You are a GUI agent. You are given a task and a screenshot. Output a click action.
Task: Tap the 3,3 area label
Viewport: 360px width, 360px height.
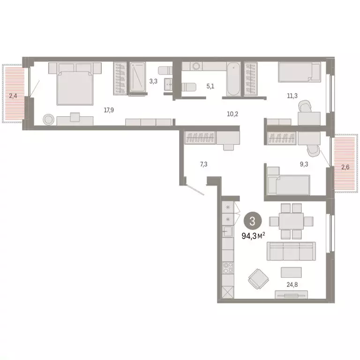[x=153, y=81]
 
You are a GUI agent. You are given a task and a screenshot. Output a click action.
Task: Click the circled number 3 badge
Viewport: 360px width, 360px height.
[x=253, y=220]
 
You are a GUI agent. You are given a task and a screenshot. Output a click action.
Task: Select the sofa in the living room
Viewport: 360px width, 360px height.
[x=291, y=251]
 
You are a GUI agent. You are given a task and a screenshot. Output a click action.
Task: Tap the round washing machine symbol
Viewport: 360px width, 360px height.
[x=196, y=66]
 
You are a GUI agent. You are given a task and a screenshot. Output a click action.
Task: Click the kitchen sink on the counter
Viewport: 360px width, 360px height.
[x=228, y=231]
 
